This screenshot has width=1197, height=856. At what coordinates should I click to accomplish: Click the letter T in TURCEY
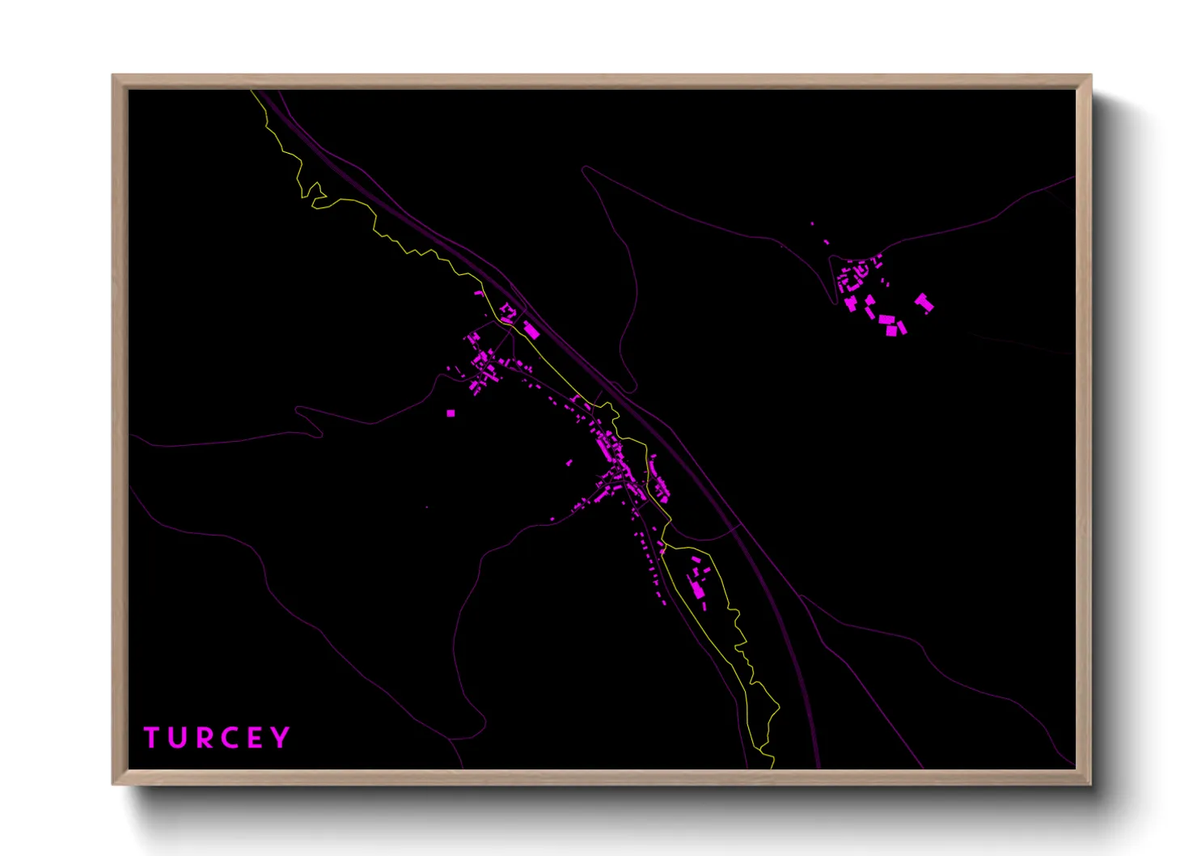coord(151,738)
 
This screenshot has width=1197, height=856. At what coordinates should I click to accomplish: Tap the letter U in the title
coord(179,738)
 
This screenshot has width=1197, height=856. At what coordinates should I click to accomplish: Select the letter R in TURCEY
coord(205,738)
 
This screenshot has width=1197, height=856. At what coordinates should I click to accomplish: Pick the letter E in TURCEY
coord(256,738)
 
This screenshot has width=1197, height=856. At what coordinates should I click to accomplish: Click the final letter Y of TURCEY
coord(281,738)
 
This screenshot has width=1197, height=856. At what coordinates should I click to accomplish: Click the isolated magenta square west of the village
coord(450,413)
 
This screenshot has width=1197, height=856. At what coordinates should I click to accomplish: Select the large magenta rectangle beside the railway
coord(531,330)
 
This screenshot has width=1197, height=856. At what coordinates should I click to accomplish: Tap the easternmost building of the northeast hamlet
coord(924,303)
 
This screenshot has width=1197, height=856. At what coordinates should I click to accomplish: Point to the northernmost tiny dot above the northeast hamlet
coord(812,224)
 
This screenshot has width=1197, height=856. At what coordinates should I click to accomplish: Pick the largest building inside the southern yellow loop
coord(698,589)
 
